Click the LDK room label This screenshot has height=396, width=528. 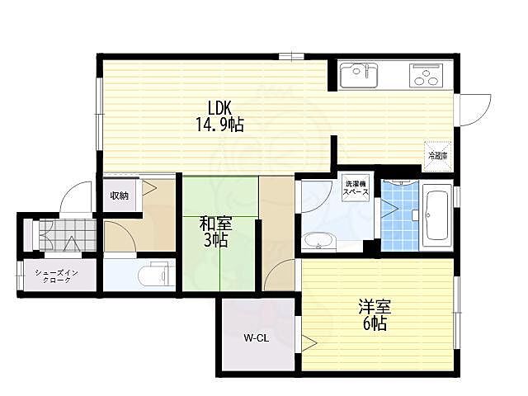tap(219, 108)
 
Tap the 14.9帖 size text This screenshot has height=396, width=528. tap(219, 125)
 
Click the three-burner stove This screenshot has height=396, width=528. tap(426, 76)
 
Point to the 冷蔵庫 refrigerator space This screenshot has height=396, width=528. tap(437, 156)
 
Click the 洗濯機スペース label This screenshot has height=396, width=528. tap(356, 188)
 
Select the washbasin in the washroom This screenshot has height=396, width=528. tap(318, 242)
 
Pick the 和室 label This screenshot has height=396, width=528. tap(216, 224)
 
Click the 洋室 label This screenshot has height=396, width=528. tap(375, 307)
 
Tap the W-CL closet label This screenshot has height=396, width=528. tap(257, 338)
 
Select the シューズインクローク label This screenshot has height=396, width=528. tap(57, 276)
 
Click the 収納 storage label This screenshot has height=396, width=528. tap(119, 196)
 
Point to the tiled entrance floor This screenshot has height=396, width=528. tap(68, 235)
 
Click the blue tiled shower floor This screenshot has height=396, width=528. tap(399, 215)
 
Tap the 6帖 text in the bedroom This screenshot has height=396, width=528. tap(375, 323)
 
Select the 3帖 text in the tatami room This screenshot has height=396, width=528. tap(216, 240)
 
